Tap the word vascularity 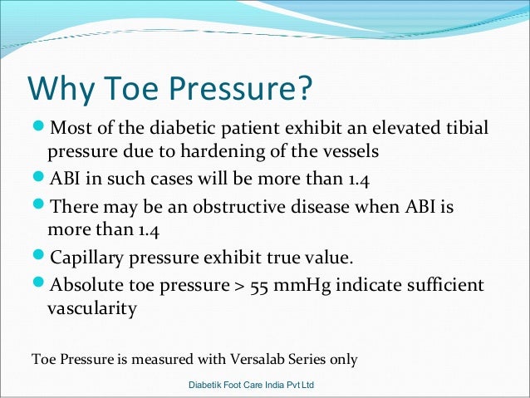coord(92,309)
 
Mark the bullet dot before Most coord(39,130)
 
